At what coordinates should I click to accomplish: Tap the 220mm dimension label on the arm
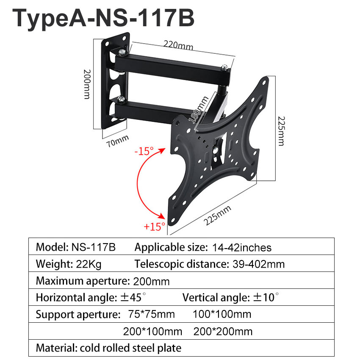tap(176, 44)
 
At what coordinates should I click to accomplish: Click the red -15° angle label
tap(144, 151)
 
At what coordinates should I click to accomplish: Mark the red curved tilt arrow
tap(140, 186)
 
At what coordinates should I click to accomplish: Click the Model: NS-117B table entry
tap(75, 247)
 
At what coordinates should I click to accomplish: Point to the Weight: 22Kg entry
tap(69, 264)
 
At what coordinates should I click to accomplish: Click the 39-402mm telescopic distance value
tap(258, 264)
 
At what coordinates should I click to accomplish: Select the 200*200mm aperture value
tap(223, 331)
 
